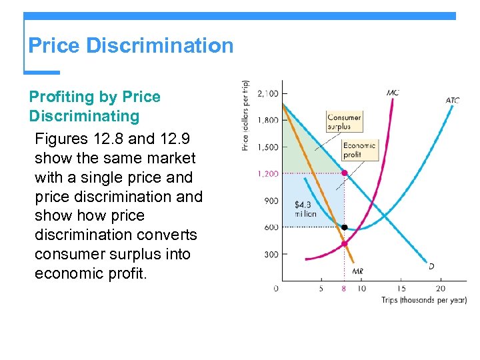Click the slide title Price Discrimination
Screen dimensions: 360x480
[131, 46]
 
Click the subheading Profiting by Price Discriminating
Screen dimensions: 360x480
[95, 107]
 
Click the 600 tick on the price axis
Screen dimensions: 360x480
[270, 227]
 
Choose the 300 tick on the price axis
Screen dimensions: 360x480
[270, 254]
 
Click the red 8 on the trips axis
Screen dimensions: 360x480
[344, 289]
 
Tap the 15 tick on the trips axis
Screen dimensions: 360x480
[401, 289]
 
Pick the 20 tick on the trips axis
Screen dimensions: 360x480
[440, 289]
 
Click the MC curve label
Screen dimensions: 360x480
[393, 93]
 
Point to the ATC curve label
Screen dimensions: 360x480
[452, 101]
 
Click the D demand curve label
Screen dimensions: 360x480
[431, 266]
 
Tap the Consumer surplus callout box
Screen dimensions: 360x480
[344, 122]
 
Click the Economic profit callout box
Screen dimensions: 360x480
[359, 150]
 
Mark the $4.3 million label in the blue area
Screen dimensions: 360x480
[305, 208]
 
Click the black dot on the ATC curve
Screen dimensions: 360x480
[344, 227]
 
